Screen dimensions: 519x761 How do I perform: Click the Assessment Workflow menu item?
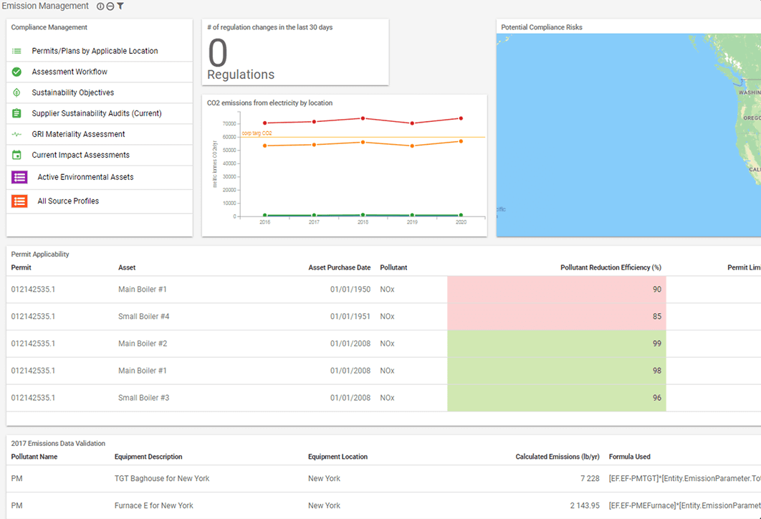(70, 72)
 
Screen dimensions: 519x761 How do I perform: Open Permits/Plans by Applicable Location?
(95, 51)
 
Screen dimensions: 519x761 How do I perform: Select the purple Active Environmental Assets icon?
(19, 177)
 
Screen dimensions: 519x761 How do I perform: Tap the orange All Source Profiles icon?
(19, 201)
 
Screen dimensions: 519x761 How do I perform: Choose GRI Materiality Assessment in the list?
(78, 134)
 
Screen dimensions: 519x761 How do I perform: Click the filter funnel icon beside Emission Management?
(120, 6)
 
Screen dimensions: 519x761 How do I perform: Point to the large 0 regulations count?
(217, 53)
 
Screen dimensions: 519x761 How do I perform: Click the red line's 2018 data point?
(363, 118)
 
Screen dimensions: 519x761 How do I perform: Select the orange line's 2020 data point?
(461, 141)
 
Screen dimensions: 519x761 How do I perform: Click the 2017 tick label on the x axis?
(314, 222)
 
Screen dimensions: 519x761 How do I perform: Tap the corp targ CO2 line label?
(257, 133)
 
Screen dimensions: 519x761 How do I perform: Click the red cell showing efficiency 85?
(556, 316)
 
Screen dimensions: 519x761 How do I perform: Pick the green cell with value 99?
(556, 343)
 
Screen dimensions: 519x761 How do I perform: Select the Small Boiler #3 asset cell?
(143, 398)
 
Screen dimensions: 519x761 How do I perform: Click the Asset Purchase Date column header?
(339, 267)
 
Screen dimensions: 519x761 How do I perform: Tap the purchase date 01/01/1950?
(350, 290)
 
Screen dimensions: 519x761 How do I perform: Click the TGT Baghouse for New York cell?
(162, 478)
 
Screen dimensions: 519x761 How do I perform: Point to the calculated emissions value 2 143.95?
(585, 505)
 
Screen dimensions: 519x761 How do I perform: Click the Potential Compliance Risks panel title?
(541, 27)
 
